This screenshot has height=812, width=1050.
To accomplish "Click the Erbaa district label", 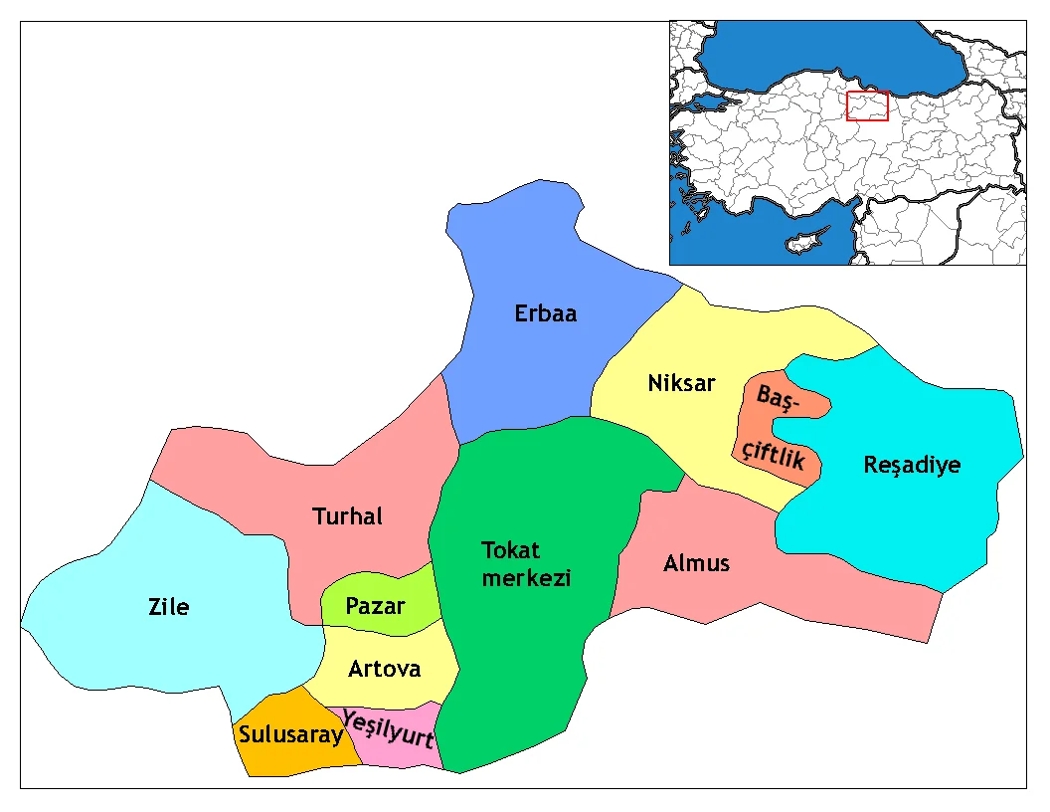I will click(x=545, y=313).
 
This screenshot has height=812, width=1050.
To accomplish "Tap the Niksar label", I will click(x=681, y=383).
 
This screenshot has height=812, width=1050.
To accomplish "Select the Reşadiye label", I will click(x=912, y=465).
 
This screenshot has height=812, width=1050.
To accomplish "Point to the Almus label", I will click(x=696, y=563).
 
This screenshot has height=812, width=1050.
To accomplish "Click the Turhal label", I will click(x=347, y=516).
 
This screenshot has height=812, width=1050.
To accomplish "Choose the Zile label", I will click(x=168, y=606).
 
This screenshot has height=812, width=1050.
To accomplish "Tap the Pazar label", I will click(x=375, y=605).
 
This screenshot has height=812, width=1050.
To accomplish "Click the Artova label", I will click(x=384, y=669).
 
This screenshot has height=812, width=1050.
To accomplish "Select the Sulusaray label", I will click(x=290, y=735).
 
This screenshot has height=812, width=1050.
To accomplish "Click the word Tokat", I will click(x=510, y=550).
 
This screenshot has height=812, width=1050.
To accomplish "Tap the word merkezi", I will click(x=526, y=577).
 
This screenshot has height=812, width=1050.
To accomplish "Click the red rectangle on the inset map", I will click(x=867, y=105).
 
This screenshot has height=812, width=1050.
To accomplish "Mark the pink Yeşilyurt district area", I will click(x=398, y=751).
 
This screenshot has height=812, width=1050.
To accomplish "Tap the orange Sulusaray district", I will click(x=288, y=756).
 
